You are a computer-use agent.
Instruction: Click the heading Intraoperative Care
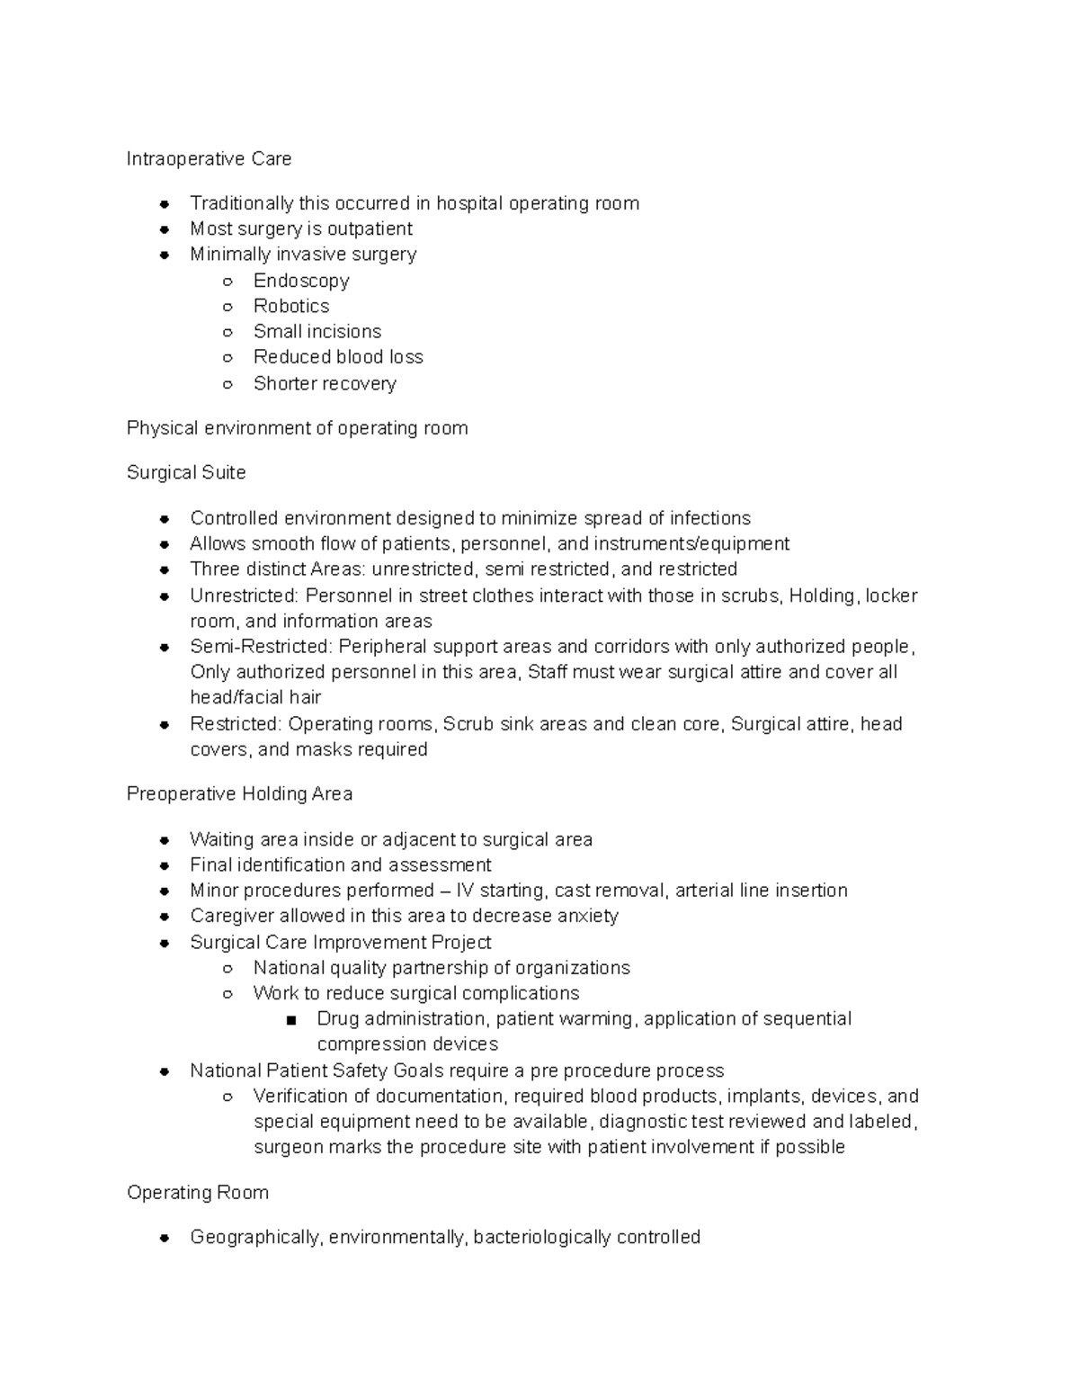point(209,159)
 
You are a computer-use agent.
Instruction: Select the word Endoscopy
point(301,281)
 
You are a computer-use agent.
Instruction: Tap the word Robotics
point(291,306)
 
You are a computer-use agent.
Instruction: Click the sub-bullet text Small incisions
point(317,331)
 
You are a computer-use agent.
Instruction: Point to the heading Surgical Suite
point(186,472)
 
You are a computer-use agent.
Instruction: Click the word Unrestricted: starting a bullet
point(245,596)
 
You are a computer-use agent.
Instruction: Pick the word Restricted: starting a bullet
point(236,724)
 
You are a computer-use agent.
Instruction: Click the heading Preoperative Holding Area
point(239,793)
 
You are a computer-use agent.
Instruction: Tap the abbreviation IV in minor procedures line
point(465,891)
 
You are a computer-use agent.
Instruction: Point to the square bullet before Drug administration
point(290,1020)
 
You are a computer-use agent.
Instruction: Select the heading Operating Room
point(198,1192)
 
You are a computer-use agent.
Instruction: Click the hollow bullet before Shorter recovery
point(227,384)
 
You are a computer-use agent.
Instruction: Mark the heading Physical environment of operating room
point(297,428)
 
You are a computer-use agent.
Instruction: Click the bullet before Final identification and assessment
point(165,865)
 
